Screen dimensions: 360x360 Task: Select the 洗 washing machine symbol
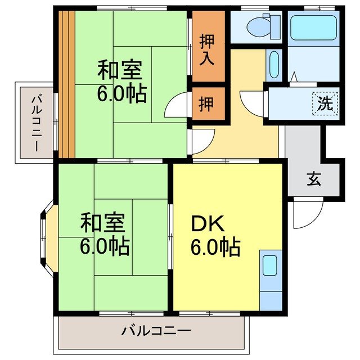coord(325,103)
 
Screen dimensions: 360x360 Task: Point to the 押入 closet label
coord(208,49)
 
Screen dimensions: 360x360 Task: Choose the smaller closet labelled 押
coord(207,104)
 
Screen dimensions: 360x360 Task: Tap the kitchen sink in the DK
coord(270,265)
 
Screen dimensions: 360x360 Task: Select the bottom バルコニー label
coord(156,331)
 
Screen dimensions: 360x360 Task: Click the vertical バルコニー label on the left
coord(34,122)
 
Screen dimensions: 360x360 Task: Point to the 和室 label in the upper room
coord(120,71)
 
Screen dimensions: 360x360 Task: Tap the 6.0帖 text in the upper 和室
coord(121,93)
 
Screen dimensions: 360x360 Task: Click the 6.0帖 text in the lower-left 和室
coord(105,245)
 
